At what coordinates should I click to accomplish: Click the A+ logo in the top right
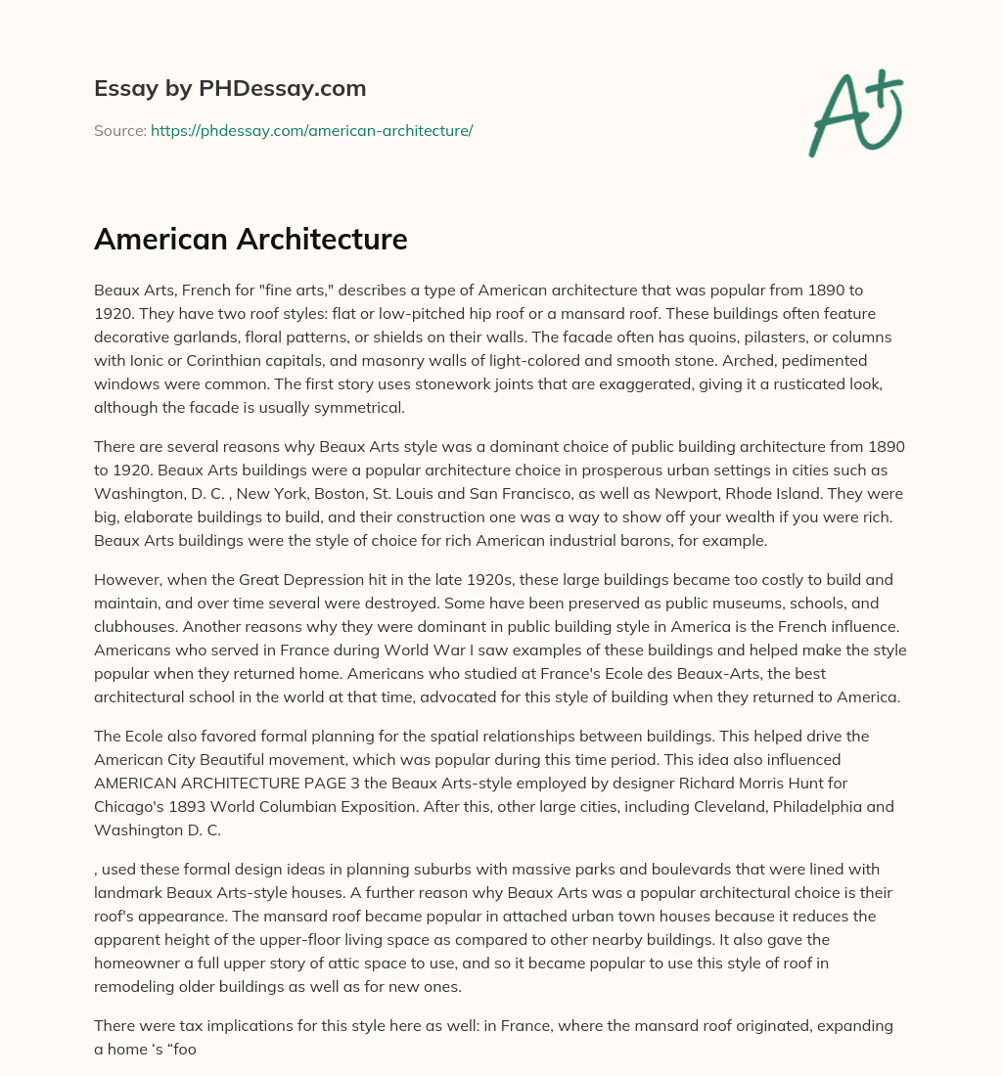click(x=855, y=112)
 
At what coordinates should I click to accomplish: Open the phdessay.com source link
click(x=311, y=130)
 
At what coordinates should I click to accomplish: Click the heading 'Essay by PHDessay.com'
click(x=230, y=89)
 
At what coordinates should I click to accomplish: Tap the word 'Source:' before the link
click(x=119, y=130)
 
